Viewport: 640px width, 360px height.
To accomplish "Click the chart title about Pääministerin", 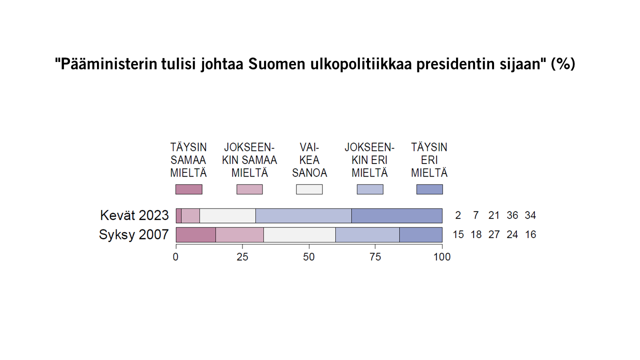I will (315, 64).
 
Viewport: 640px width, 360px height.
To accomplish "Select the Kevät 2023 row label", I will (134, 215).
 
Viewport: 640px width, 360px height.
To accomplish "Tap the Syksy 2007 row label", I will (133, 234).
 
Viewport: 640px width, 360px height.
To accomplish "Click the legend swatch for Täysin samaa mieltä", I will (188, 189).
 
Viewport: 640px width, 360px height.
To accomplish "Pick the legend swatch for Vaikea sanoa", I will (309, 189).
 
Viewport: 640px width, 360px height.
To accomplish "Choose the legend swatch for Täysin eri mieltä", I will (429, 189).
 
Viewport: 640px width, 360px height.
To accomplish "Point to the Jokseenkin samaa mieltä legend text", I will (249, 160).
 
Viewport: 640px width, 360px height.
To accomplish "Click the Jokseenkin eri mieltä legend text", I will (369, 160).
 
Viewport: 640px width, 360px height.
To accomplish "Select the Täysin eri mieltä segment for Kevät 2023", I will (396, 215).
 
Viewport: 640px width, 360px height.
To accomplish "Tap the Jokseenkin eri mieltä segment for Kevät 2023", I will (303, 215).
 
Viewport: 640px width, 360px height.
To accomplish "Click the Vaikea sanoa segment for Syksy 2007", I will (299, 234).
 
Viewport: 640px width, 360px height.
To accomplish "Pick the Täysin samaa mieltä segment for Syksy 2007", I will (196, 234).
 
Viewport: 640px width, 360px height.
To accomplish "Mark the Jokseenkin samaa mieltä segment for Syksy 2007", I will (239, 234).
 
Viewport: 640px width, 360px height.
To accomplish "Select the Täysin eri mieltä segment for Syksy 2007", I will (420, 234).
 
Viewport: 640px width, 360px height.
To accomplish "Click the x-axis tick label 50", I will (309, 257).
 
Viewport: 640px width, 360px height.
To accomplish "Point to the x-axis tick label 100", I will (442, 257).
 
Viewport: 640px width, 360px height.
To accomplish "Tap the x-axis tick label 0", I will (176, 257).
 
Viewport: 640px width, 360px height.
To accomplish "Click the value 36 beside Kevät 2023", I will (512, 215).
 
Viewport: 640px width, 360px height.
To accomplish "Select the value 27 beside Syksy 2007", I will (494, 234).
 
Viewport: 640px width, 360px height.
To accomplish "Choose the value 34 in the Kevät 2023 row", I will (530, 215).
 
